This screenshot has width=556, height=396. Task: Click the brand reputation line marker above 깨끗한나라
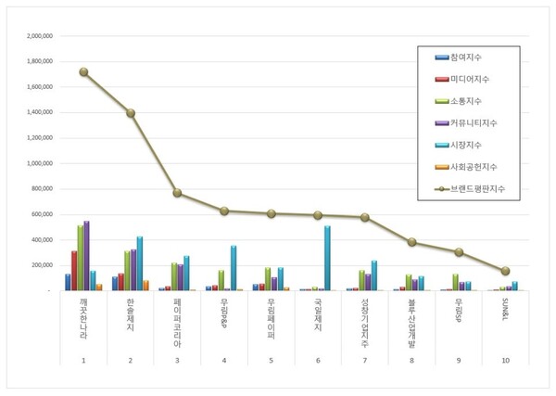[84, 71]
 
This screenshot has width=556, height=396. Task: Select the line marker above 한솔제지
[131, 113]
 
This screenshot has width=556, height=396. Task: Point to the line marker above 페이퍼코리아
[177, 193]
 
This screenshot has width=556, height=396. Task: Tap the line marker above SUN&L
[504, 271]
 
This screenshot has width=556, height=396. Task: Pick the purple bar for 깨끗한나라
[86, 255]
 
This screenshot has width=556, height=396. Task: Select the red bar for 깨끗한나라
[74, 270]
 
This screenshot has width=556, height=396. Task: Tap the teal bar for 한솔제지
[140, 263]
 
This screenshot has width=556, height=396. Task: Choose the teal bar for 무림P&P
[234, 268]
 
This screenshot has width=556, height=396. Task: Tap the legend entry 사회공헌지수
[473, 165]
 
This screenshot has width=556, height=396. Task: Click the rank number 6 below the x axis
[317, 359]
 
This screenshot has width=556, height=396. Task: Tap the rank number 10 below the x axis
[504, 359]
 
